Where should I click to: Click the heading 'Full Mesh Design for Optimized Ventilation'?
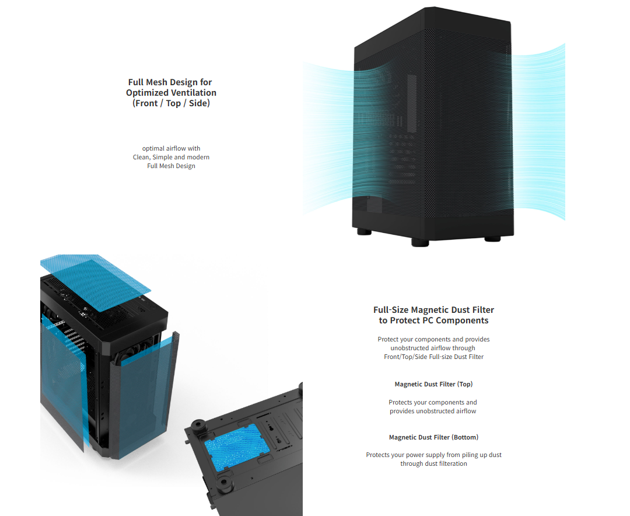(x=171, y=88)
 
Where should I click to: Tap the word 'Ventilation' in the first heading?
(x=193, y=93)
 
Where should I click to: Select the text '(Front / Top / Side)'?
(x=171, y=103)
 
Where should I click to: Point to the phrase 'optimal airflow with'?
(x=171, y=148)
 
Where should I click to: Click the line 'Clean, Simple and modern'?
(x=171, y=157)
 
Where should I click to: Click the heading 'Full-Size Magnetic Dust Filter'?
(x=433, y=310)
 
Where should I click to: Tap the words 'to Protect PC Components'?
(x=433, y=320)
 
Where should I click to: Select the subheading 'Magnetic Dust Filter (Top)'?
(x=433, y=384)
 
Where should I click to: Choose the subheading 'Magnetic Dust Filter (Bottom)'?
(x=433, y=437)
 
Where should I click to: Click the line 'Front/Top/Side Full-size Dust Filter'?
(x=433, y=357)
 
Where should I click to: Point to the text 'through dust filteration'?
(x=433, y=463)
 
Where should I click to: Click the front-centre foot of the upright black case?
(x=420, y=242)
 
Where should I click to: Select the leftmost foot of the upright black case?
(x=363, y=232)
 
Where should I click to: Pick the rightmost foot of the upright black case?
(x=493, y=238)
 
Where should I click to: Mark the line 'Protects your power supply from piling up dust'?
(x=433, y=455)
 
